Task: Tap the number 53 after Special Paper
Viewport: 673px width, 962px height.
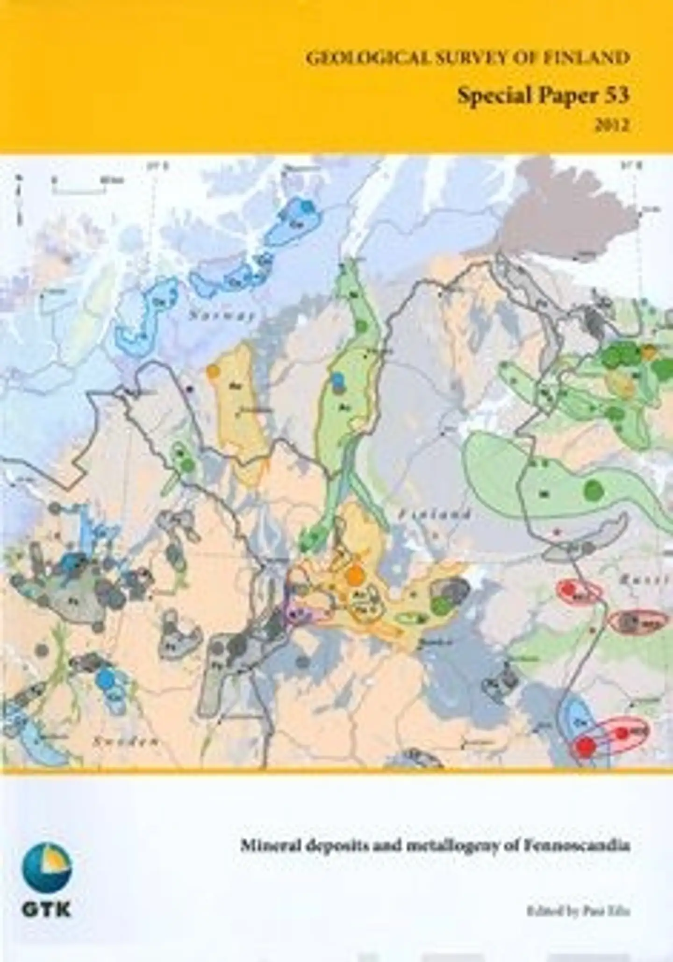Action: click(x=618, y=95)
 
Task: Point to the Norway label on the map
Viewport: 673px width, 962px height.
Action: click(x=222, y=316)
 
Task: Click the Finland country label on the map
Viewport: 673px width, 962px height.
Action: click(x=434, y=515)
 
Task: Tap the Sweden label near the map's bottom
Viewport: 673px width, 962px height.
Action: click(x=125, y=741)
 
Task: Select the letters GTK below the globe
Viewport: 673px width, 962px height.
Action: click(x=47, y=910)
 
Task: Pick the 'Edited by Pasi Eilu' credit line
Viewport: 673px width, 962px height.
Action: click(x=579, y=910)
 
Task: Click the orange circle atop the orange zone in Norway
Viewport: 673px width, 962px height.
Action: click(x=213, y=371)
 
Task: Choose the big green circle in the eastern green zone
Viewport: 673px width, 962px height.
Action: click(x=594, y=489)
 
